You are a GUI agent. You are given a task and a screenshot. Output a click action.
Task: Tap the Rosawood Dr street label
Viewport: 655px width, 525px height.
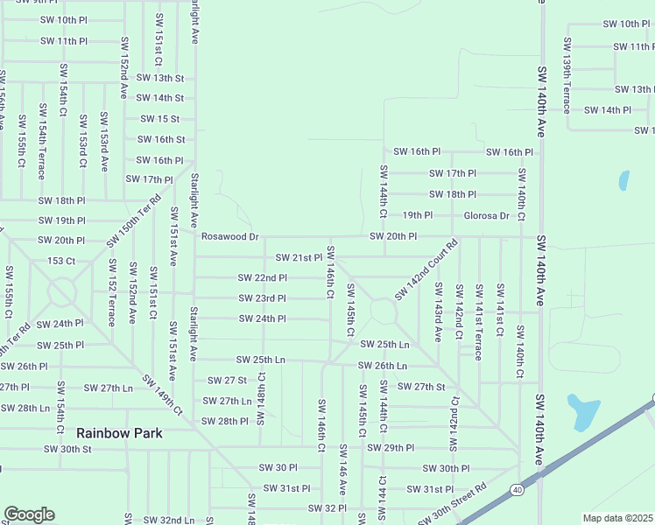point(230,236)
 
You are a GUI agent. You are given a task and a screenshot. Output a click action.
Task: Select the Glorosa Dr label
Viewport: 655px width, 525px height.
point(486,215)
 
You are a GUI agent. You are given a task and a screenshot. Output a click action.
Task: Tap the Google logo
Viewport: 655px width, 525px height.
point(29,514)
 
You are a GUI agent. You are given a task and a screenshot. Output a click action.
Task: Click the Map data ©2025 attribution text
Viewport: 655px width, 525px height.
point(617,518)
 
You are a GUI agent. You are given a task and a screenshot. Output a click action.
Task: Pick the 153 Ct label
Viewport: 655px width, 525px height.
point(60,261)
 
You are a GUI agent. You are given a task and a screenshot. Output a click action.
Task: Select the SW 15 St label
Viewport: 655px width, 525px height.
point(159,119)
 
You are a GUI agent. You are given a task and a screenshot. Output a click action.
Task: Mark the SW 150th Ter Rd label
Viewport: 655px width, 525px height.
point(135,220)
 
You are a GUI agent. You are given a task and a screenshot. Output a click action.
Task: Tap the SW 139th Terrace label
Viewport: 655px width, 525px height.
point(567,75)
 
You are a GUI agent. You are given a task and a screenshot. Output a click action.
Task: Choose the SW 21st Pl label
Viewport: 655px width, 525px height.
point(299,257)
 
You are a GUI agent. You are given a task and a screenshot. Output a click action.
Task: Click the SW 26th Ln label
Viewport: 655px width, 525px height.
point(383,366)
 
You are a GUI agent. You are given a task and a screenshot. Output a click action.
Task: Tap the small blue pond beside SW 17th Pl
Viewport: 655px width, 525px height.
point(623,180)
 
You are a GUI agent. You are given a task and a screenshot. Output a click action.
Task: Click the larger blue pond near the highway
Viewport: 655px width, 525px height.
point(583,412)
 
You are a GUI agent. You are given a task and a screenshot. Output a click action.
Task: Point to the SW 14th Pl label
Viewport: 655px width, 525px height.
point(607,109)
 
